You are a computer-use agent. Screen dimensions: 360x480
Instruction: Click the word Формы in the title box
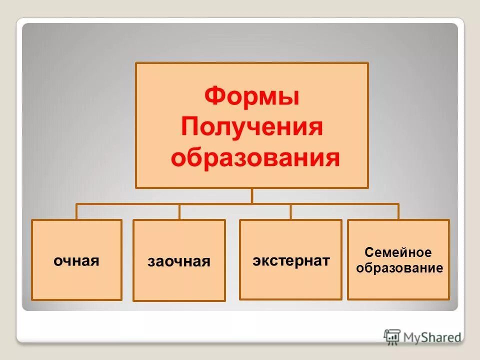(252, 95)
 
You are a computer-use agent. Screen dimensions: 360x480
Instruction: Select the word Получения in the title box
(252, 127)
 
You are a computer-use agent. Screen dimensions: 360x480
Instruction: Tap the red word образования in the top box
(255, 158)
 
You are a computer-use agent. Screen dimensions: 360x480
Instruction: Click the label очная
(76, 260)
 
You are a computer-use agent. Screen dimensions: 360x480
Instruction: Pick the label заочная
(179, 261)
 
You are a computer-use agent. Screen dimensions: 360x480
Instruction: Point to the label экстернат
(291, 260)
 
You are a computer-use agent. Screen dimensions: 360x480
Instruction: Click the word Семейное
(398, 252)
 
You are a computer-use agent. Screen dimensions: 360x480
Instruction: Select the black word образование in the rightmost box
(399, 268)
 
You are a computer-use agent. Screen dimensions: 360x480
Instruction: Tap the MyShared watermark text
(432, 337)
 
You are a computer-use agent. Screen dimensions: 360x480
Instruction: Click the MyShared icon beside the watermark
(392, 336)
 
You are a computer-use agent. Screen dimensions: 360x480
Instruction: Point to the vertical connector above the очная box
(76, 212)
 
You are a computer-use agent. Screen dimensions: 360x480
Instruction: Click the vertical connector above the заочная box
(179, 212)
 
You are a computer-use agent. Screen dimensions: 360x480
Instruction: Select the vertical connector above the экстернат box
(291, 212)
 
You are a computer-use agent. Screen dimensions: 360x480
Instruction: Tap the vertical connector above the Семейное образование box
(398, 212)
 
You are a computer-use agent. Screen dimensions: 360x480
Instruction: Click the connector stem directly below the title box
(252, 196)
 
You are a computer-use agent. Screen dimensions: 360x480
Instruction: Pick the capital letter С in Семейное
(369, 252)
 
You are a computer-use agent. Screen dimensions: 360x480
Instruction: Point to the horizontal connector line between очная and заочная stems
(128, 204)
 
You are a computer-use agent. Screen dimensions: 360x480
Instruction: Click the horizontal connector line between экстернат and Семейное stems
(345, 204)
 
